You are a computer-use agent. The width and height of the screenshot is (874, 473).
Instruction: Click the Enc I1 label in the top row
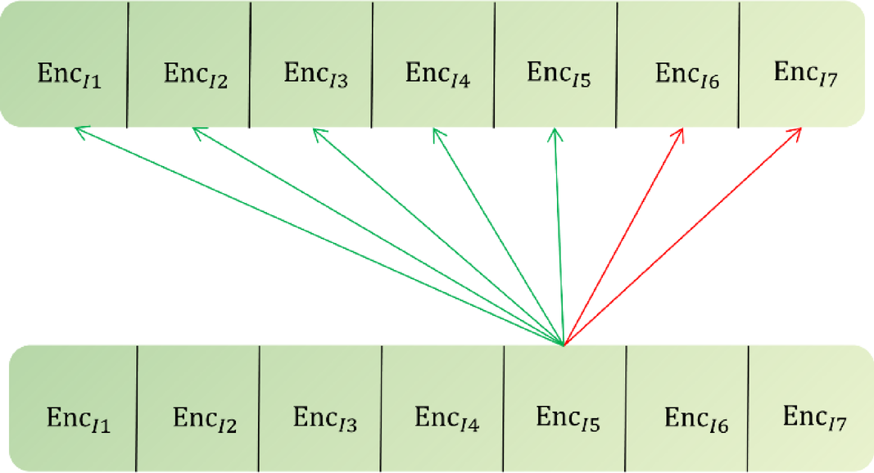click(70, 75)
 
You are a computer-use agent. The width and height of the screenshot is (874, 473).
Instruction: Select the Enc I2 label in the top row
click(195, 74)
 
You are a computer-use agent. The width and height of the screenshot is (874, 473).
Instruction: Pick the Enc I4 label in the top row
click(437, 74)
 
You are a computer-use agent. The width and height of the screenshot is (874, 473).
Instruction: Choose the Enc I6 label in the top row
click(687, 75)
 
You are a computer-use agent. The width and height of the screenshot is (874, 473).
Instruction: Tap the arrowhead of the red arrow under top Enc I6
click(682, 130)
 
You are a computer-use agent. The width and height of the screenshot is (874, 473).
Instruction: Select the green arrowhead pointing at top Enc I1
click(77, 128)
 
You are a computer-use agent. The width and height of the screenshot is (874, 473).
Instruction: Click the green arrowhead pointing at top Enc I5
click(555, 130)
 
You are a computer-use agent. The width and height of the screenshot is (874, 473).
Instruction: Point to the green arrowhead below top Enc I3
click(316, 130)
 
